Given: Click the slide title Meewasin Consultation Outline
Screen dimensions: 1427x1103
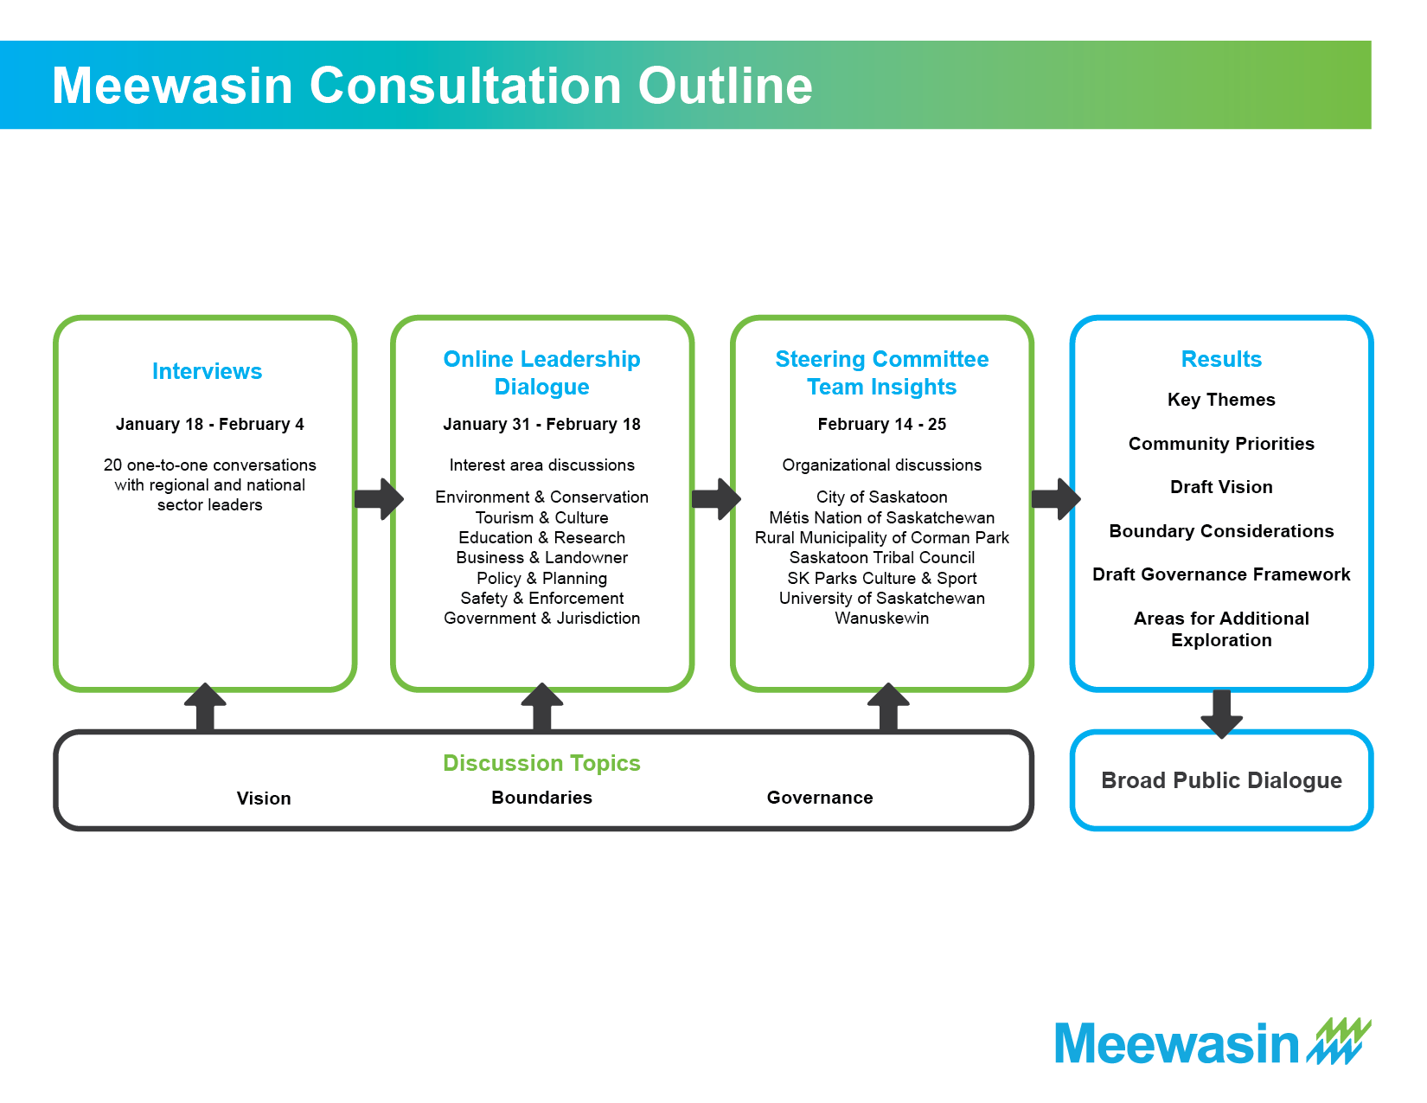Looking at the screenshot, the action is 432,86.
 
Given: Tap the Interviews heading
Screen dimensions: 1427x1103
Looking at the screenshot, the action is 207,371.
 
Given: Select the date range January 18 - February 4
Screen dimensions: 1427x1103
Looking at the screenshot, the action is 209,425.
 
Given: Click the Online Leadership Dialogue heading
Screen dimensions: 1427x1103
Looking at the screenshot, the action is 541,373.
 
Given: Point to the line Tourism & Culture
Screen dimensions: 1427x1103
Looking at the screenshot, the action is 541,517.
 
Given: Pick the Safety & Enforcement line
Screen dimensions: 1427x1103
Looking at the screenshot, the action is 541,599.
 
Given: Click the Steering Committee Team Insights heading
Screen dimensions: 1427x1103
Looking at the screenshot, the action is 882,373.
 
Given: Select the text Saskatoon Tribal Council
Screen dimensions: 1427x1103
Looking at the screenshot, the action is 882,558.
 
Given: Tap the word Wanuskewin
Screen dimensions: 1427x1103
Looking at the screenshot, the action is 882,619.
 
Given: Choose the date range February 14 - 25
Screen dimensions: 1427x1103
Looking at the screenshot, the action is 882,425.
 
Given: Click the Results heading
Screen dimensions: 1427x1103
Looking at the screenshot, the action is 1221,359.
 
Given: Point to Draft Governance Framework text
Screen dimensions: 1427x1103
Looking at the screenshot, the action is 1221,574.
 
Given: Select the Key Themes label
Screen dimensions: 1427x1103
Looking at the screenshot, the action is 1221,400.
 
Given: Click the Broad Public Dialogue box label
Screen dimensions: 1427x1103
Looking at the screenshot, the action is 1221,780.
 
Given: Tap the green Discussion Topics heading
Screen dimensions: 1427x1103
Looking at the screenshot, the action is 541,763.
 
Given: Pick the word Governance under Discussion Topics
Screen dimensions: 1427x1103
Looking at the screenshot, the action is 820,798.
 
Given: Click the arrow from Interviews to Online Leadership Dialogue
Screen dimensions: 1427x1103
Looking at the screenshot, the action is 379,499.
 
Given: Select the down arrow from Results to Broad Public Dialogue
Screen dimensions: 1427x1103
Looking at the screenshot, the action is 1221,714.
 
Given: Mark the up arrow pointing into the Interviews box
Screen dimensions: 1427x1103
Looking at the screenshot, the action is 206,707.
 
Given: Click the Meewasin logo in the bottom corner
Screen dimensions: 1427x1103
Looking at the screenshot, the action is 1213,1042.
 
